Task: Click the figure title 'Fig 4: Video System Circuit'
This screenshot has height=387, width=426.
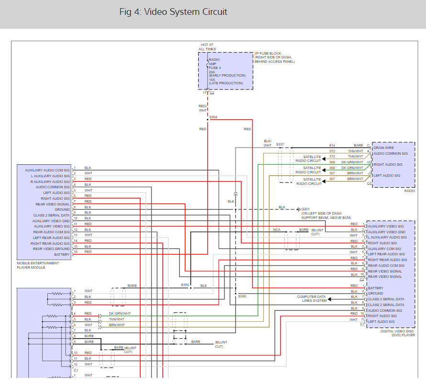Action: point(173,11)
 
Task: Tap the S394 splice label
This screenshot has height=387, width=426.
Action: point(213,117)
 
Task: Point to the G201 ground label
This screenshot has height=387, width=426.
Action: point(305,209)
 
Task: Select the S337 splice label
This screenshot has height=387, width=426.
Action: point(280,144)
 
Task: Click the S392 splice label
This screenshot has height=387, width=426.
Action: point(185,285)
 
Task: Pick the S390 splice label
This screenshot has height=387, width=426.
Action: point(242,296)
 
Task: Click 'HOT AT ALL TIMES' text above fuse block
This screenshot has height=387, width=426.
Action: point(207,47)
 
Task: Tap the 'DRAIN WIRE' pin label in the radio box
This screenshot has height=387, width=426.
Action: point(383,148)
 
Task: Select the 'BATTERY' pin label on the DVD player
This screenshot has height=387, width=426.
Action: point(375,288)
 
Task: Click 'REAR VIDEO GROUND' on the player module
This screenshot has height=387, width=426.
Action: point(51,249)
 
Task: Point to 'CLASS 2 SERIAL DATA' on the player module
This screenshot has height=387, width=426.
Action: point(51,215)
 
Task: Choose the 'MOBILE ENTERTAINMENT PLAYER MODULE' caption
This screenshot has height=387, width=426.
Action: point(38,265)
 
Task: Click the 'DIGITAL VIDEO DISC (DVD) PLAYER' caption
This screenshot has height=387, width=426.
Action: point(398,333)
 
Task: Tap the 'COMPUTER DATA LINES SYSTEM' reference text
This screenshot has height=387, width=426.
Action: point(312,299)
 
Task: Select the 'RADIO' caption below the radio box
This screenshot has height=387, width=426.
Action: point(409,191)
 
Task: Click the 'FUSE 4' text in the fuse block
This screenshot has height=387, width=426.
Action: point(214,68)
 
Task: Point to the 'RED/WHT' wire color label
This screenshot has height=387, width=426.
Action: point(202,108)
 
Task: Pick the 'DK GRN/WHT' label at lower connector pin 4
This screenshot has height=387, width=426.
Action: point(120,313)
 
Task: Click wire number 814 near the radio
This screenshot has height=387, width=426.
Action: point(332,146)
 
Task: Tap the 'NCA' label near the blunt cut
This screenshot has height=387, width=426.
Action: point(277,229)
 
